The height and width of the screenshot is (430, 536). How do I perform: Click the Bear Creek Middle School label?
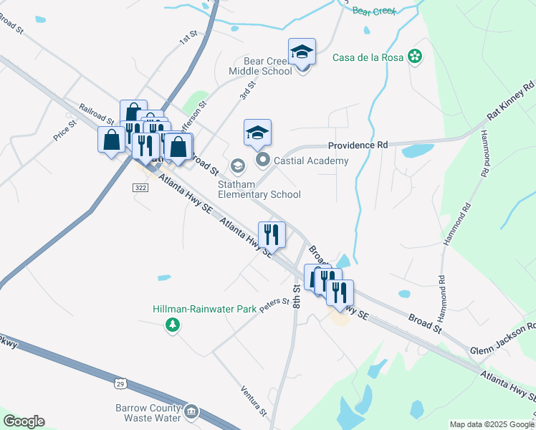pos(259,65)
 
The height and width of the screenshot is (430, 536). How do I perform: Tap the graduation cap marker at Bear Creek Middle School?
pos(302,52)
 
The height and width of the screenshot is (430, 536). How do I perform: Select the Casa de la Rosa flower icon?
pos(414,56)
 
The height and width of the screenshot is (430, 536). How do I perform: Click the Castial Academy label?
pos(310,161)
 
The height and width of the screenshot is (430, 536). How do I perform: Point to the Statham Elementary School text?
pos(259,189)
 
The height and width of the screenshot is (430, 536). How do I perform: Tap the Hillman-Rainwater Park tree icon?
pos(172,326)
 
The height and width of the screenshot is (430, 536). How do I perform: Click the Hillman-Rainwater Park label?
pos(204,310)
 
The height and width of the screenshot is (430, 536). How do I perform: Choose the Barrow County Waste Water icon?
pos(192,411)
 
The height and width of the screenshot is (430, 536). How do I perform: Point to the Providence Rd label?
pos(358,145)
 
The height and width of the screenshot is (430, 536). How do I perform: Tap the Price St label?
pos(64,130)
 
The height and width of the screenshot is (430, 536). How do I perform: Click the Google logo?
pos(24,421)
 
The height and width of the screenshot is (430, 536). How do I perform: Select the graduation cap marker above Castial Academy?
pos(257,133)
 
